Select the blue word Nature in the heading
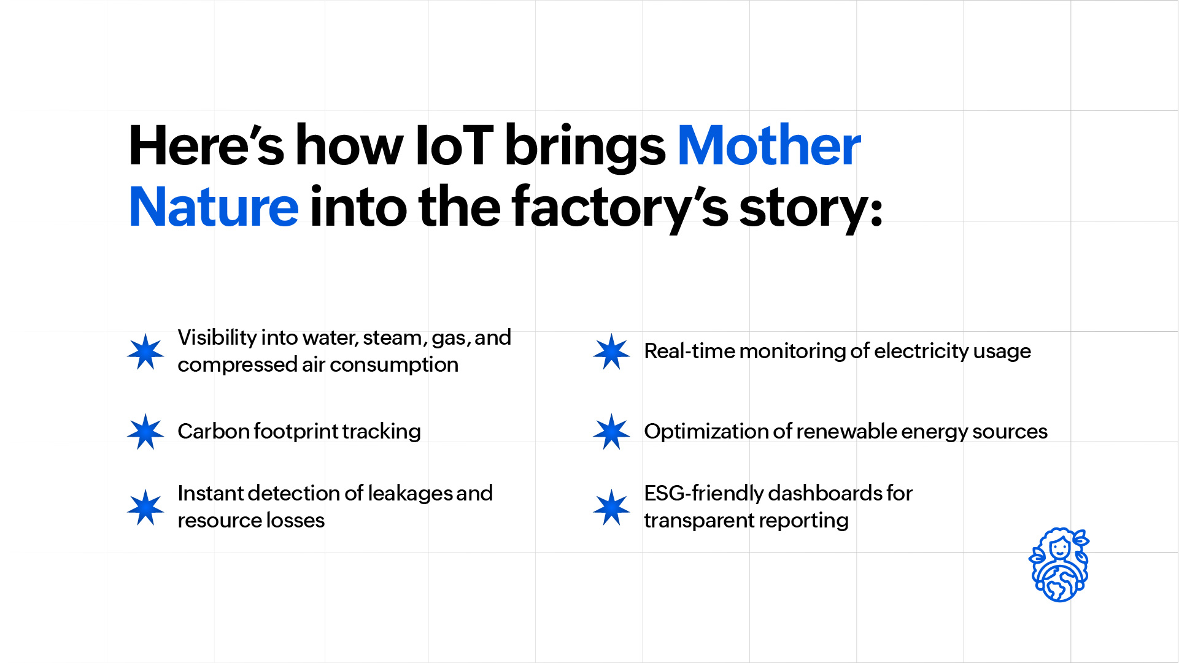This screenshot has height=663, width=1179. click(214, 207)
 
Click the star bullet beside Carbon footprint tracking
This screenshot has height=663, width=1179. click(145, 431)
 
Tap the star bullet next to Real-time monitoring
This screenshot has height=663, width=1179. click(611, 351)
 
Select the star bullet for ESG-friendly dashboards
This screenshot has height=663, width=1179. click(611, 507)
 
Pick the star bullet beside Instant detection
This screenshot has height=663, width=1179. click(145, 507)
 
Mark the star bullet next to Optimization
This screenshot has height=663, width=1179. click(611, 431)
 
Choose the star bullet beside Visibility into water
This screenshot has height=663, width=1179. click(145, 351)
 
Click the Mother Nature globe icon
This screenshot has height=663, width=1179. click(1059, 565)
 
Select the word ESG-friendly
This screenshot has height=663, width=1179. click(703, 493)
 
